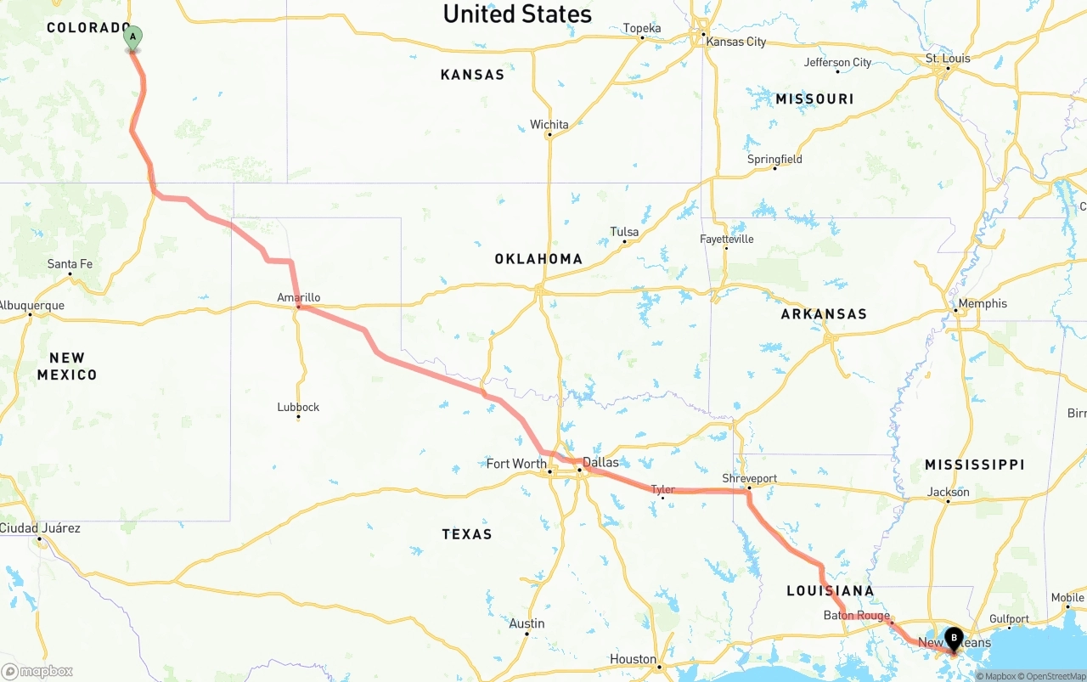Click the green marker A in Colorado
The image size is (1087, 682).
[x=132, y=37]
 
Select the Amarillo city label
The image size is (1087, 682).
[x=299, y=297]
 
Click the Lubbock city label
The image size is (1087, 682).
[x=298, y=407]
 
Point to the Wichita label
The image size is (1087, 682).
[x=549, y=125]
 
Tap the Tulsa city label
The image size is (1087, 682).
[x=624, y=232]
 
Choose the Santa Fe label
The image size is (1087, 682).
[x=70, y=264]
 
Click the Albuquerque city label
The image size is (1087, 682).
[x=31, y=306]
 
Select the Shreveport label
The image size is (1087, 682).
[x=749, y=478]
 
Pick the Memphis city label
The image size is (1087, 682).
[x=983, y=303]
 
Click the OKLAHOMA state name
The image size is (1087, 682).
[x=538, y=259]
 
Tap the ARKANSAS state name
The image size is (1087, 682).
[x=824, y=314]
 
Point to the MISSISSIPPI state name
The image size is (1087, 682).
[x=974, y=465]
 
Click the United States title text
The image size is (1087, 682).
[x=517, y=14]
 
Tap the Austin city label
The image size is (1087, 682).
[x=527, y=623]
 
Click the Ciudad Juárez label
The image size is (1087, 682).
[x=40, y=528]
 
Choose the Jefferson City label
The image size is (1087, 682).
[x=837, y=62]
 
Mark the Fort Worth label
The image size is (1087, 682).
[x=516, y=464]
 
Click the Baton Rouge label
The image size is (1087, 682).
[x=856, y=616]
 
